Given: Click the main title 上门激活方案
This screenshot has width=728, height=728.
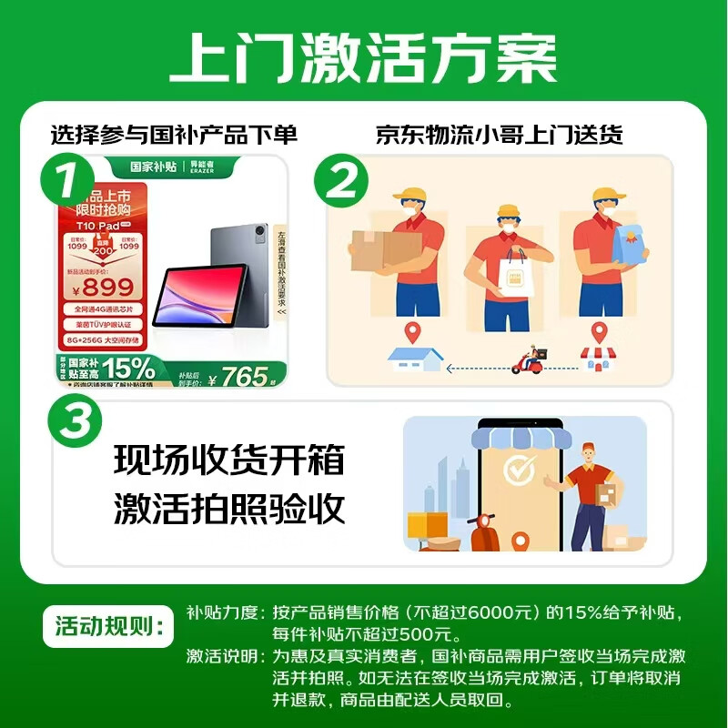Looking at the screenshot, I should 364,60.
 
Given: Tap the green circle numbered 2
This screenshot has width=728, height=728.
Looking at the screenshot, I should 341,181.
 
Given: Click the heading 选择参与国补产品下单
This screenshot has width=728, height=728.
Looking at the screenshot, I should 174,135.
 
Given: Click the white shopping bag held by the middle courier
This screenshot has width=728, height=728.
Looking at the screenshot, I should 503,270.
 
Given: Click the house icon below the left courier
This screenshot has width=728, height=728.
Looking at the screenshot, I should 415,359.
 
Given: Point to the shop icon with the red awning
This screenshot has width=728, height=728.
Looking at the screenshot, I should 598,359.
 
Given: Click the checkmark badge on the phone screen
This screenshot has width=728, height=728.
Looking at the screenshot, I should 520,472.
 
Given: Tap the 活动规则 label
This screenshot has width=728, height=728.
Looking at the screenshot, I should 106,626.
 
